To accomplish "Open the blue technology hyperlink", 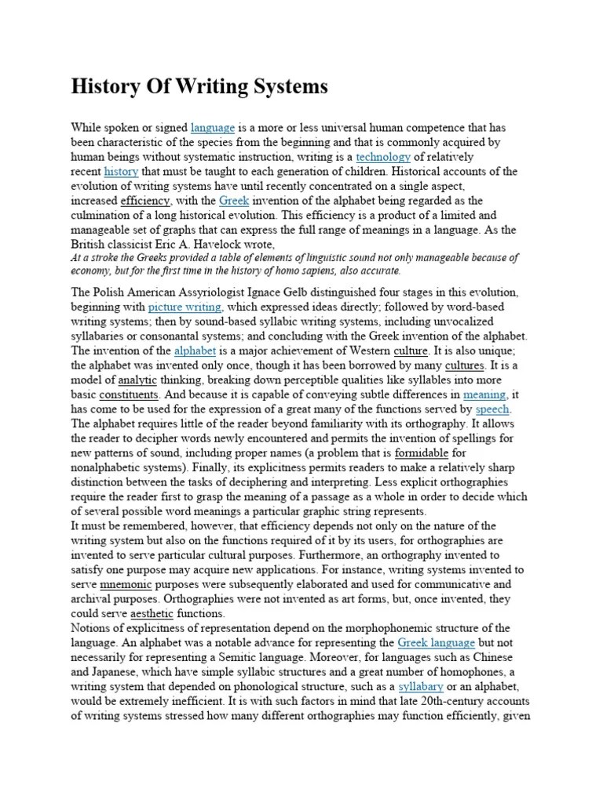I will click(x=383, y=157).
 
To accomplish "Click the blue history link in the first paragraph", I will click(x=121, y=171).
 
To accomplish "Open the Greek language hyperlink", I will click(x=436, y=642).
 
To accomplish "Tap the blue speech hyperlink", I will click(x=493, y=409).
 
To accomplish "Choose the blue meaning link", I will click(x=484, y=394).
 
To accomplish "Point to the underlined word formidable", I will click(x=422, y=452).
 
